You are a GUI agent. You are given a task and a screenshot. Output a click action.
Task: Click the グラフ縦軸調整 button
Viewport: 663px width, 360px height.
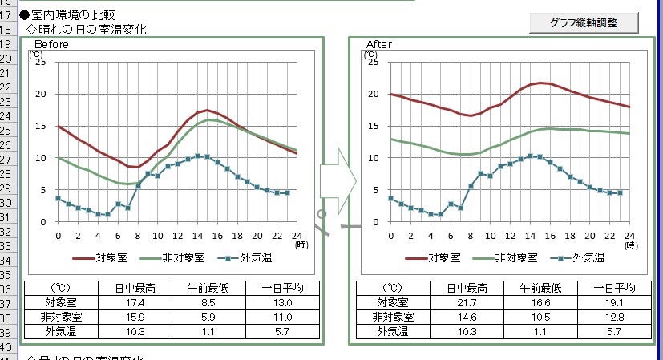(x=584, y=22)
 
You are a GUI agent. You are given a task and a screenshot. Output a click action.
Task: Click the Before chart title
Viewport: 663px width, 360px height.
(x=51, y=45)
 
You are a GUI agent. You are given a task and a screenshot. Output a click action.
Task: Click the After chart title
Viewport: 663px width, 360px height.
(x=379, y=45)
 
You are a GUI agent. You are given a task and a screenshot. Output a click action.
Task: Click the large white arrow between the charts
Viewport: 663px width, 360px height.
(x=337, y=181)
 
